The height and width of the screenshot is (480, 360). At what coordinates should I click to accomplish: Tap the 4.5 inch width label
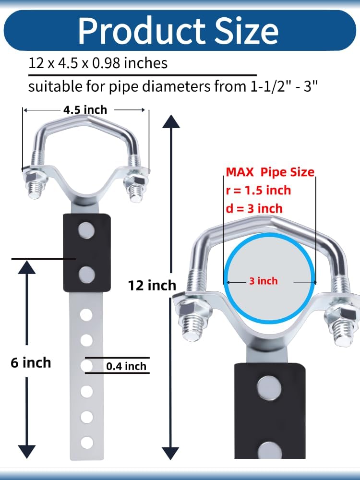tap(85, 110)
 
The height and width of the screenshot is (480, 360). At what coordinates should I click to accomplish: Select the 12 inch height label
tap(152, 285)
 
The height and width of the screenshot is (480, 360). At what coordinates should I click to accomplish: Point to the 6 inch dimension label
tap(31, 363)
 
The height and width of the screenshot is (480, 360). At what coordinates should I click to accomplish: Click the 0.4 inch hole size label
tap(126, 366)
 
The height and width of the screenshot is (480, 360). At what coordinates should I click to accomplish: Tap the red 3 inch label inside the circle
tap(263, 281)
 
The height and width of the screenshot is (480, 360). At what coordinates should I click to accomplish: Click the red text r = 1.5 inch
tap(258, 191)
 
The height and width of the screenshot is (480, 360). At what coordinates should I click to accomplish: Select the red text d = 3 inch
tap(254, 209)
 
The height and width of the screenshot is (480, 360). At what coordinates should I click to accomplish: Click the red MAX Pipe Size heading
tap(270, 172)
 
